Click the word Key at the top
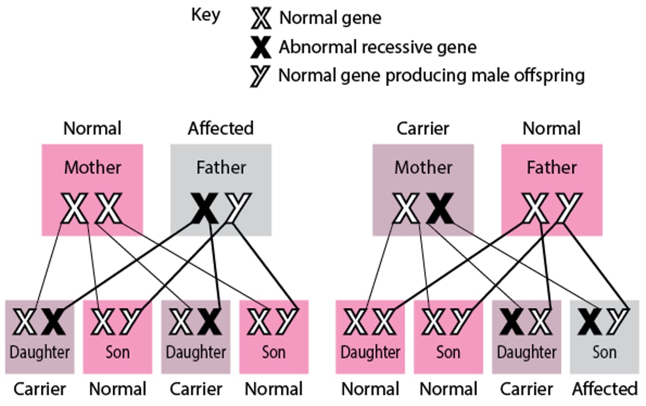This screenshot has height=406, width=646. pos(206,15)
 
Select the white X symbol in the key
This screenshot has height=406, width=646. pos(262,18)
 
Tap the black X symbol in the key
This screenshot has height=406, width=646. pos(262,47)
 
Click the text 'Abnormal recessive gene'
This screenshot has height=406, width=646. pos(377,47)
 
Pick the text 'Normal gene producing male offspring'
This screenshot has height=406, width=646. pos(431,76)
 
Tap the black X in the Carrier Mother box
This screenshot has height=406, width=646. pos(440,209)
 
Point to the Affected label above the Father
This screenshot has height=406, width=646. pos(221,129)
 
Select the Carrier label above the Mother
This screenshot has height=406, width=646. pos(423,129)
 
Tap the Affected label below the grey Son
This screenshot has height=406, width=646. pos(605,389)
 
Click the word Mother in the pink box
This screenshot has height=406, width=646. pos(93,167)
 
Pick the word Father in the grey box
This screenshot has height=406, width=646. pos(221,167)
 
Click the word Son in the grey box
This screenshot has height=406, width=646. pos(604,353)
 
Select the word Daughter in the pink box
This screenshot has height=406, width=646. pos(370,353)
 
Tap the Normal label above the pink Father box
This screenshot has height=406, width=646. pos(552,129)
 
